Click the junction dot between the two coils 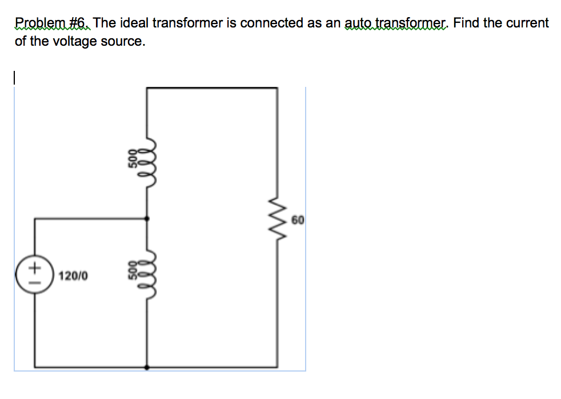pyautogui.click(x=148, y=218)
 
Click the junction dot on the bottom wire pyautogui.click(x=148, y=368)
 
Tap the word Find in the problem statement pyautogui.click(x=466, y=23)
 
